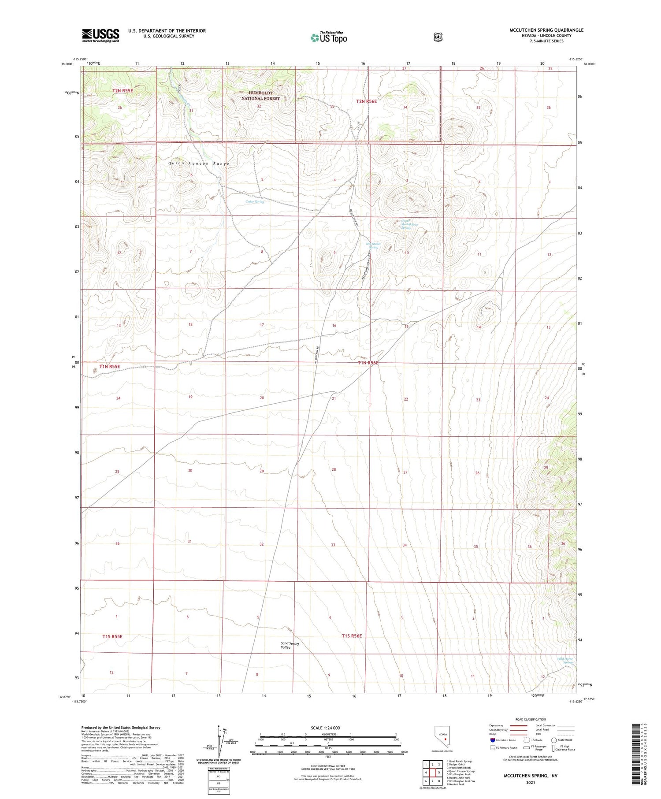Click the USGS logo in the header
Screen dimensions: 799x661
(100, 35)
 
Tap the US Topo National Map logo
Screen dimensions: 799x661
(329, 37)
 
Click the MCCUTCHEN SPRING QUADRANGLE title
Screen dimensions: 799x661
(546, 30)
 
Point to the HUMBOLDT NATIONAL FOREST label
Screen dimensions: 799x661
(260, 96)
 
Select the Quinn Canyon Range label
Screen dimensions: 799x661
(199, 164)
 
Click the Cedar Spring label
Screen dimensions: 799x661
(255, 202)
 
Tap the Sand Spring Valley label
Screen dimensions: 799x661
(290, 645)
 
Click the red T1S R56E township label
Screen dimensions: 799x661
(352, 636)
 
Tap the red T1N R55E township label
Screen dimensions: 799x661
(109, 367)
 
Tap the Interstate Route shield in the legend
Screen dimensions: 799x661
(492, 740)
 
